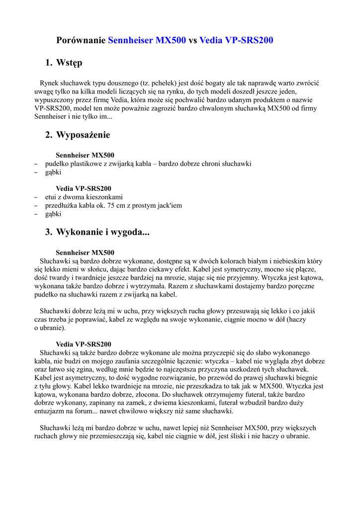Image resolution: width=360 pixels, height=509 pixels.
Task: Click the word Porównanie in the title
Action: pos(81,40)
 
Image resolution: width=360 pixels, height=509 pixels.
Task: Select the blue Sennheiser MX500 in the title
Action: pos(147,40)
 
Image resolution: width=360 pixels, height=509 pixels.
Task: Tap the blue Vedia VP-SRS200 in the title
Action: pos(236,40)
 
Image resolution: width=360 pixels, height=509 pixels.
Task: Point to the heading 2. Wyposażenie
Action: pos(78,135)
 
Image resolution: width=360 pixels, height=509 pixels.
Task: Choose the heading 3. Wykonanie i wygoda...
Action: pos(97,232)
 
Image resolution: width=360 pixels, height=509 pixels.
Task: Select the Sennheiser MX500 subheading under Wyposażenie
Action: pos(85,155)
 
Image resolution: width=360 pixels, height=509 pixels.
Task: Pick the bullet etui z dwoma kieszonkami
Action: pos(84,197)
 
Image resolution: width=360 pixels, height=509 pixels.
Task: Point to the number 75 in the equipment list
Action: pos(113,205)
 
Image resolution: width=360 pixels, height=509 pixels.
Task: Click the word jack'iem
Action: pos(169,205)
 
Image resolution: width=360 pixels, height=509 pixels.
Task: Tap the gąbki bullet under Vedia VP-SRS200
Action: pos(53,214)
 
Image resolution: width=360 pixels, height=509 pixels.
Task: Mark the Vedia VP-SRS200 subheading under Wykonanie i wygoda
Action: pos(84,344)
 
